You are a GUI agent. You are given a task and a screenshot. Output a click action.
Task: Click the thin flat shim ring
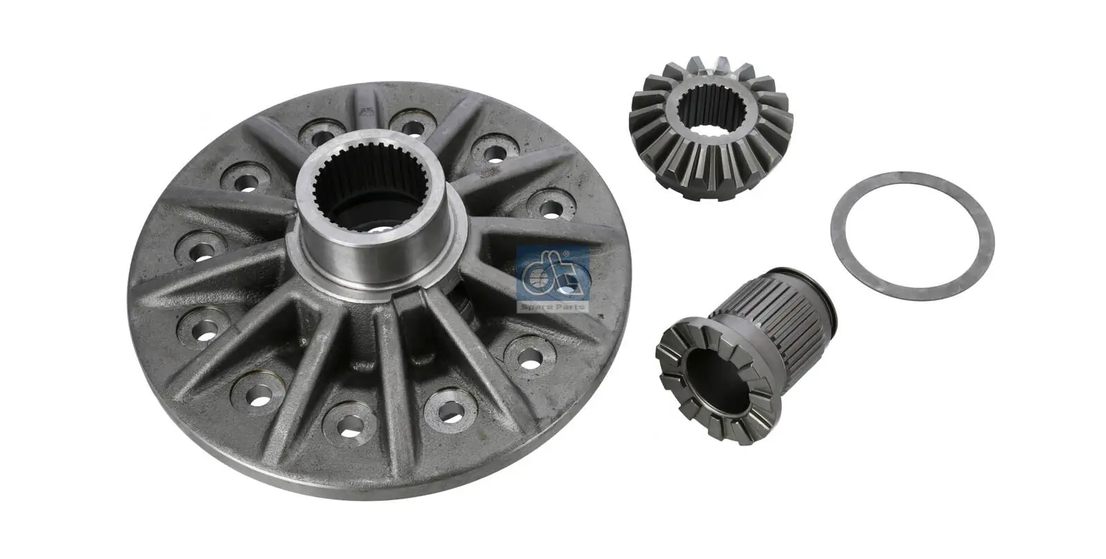pyautogui.click(x=912, y=180)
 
